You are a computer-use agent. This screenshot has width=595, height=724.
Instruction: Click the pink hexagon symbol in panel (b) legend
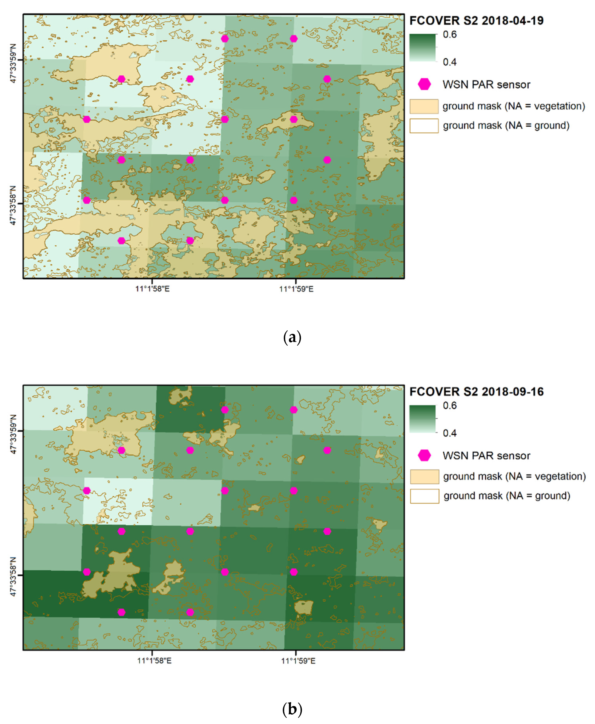click(x=424, y=455)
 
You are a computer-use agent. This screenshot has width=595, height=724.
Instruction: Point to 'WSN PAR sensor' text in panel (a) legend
click(x=486, y=85)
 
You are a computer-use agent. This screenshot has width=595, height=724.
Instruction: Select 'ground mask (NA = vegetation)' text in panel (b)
click(x=514, y=477)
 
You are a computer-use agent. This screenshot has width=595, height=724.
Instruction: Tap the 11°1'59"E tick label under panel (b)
click(x=298, y=661)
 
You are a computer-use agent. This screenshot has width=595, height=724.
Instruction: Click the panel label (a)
click(x=292, y=338)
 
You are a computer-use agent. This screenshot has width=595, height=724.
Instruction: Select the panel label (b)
click(x=292, y=709)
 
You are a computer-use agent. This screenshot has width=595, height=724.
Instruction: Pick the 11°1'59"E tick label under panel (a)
click(x=296, y=289)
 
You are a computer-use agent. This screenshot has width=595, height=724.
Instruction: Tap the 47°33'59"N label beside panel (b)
click(x=13, y=434)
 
